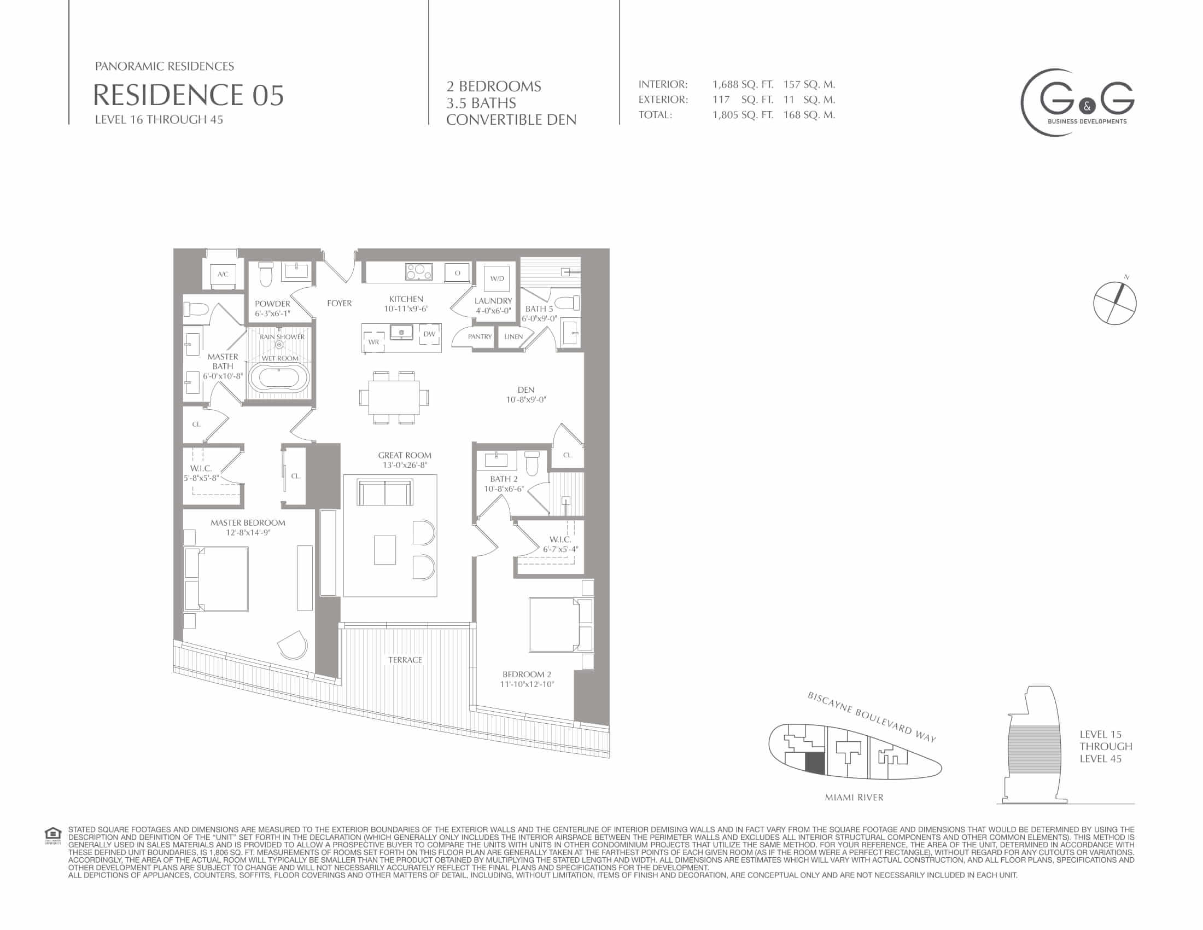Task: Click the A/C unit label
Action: (x=223, y=275)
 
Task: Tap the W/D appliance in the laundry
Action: (x=497, y=279)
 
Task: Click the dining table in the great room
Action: (x=394, y=397)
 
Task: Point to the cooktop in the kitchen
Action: (x=418, y=272)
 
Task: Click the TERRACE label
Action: (x=405, y=660)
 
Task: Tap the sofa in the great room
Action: (x=384, y=492)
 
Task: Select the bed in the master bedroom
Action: (x=216, y=579)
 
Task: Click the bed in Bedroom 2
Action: (x=560, y=624)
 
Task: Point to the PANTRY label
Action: (x=480, y=336)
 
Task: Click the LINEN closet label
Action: (x=513, y=336)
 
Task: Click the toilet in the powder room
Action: (x=266, y=274)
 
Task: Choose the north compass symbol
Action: (x=1115, y=303)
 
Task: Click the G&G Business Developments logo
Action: (x=1077, y=102)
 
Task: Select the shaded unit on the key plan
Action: (x=815, y=764)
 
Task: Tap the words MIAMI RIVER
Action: (x=854, y=797)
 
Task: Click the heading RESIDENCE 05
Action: (x=189, y=95)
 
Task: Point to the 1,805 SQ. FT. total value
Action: (x=743, y=115)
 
